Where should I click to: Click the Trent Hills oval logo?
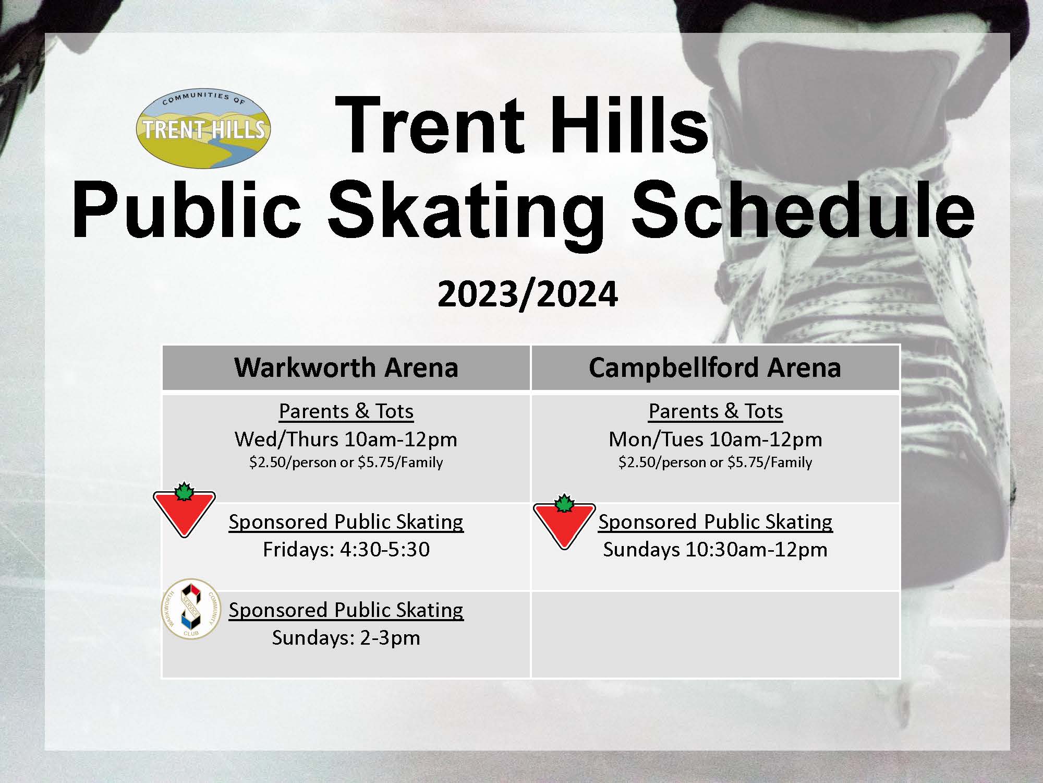[x=203, y=128]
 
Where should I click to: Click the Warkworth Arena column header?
[x=346, y=367]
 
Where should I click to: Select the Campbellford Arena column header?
[x=715, y=367]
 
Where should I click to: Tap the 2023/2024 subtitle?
[x=528, y=294]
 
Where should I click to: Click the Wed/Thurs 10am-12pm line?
[x=346, y=439]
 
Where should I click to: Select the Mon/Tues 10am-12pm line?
[x=715, y=439]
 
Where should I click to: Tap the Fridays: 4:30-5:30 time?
[x=346, y=549]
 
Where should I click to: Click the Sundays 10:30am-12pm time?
[x=715, y=549]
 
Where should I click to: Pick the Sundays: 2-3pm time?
[x=346, y=637]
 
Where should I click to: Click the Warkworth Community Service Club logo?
[x=191, y=609]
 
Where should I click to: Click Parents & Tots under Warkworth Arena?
[x=346, y=411]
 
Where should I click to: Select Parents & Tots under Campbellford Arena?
[x=715, y=411]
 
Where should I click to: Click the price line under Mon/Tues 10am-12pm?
[x=715, y=462]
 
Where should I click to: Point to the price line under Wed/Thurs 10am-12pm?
[x=346, y=462]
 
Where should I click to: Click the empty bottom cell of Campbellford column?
[x=715, y=634]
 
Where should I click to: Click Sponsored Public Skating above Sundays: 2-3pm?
[x=346, y=610]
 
